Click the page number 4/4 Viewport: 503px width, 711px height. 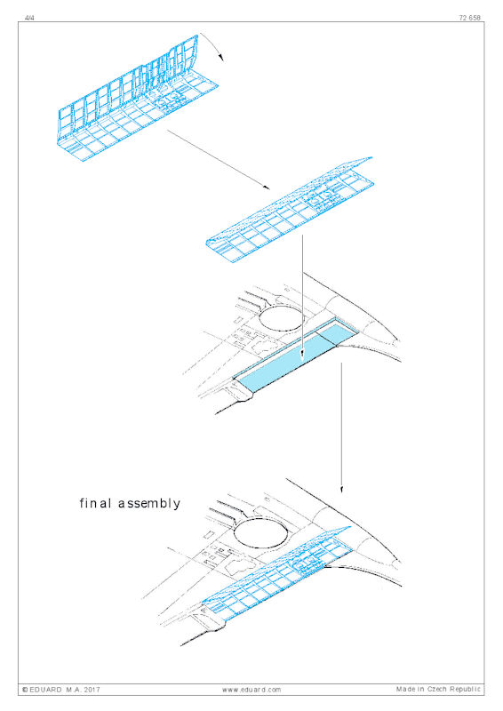coord(29,18)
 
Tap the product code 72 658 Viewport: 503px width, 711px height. coord(469,18)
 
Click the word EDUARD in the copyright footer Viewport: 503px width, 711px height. coord(46,690)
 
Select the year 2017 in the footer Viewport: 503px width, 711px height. coord(92,690)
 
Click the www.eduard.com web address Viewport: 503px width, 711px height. coord(251,690)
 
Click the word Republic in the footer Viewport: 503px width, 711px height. coord(466,690)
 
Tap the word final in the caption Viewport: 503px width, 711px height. coord(96,503)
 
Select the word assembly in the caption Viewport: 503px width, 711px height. coord(149,504)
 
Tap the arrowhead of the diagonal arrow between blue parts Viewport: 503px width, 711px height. coord(266,187)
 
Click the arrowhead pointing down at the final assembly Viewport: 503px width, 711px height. coord(341,490)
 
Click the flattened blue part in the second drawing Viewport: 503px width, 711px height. coord(291,208)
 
